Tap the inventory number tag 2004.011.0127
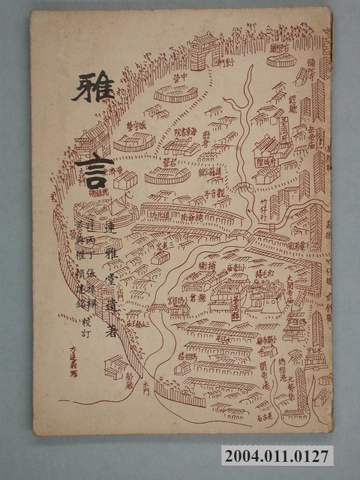(275, 457)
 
